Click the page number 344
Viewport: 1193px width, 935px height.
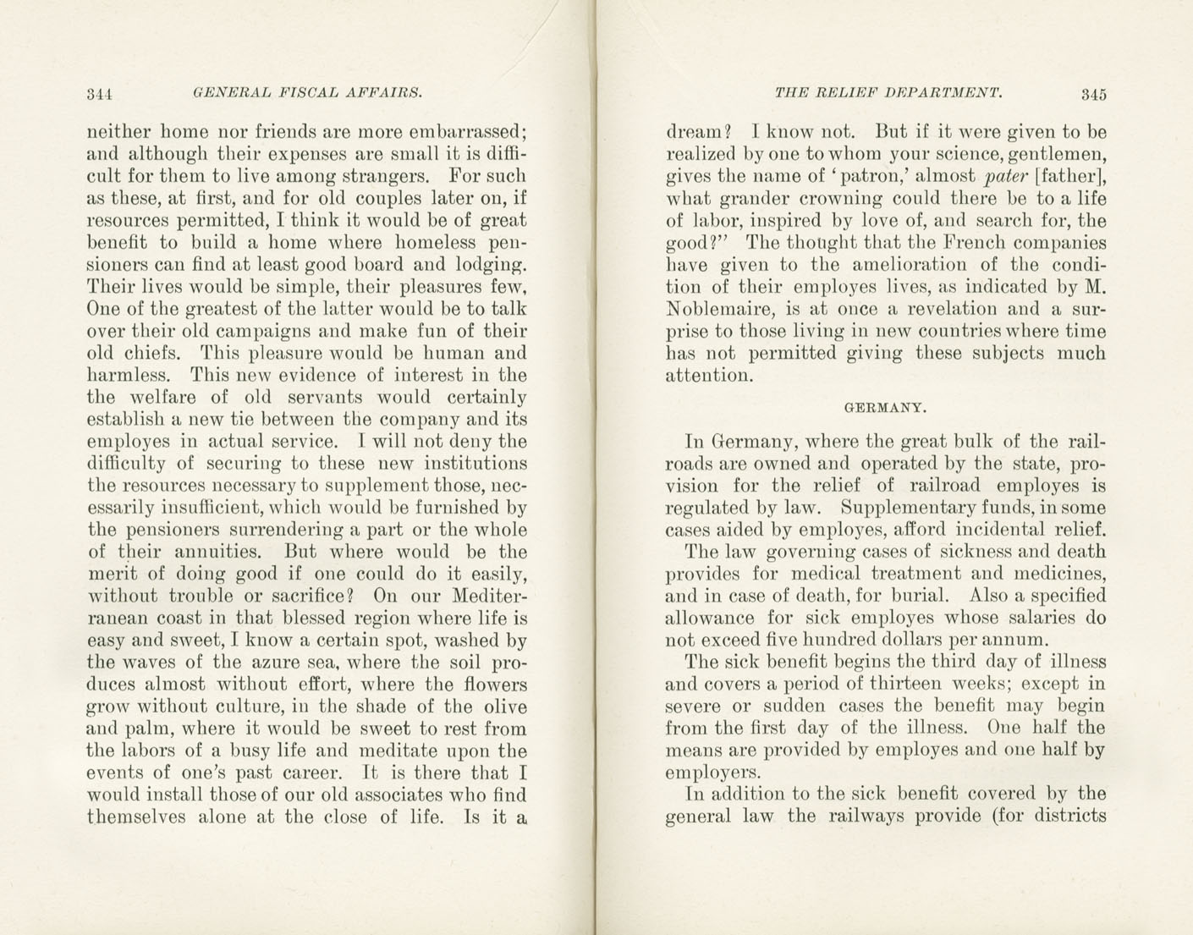pyautogui.click(x=100, y=94)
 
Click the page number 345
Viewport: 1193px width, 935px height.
pyautogui.click(x=1092, y=94)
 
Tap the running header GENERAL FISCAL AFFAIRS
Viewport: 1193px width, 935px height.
pyautogui.click(x=307, y=92)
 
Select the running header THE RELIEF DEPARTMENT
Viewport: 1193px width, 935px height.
pyautogui.click(x=888, y=92)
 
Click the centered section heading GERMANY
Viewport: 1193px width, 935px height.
pyautogui.click(x=886, y=408)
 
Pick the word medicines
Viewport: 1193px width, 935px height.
pyautogui.click(x=1056, y=573)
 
